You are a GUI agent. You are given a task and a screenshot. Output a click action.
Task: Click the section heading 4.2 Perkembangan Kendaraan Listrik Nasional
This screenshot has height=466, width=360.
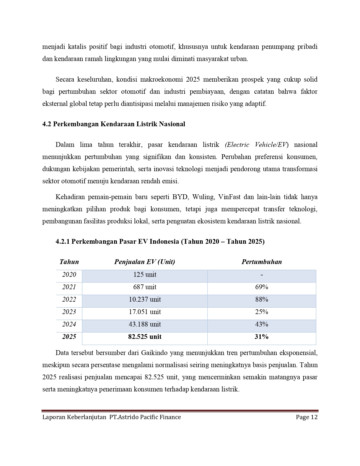[x=114, y=124]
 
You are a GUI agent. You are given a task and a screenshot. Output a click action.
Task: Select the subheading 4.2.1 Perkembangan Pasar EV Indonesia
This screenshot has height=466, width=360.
[x=160, y=242]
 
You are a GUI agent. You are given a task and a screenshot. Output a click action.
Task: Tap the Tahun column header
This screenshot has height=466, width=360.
[x=69, y=262]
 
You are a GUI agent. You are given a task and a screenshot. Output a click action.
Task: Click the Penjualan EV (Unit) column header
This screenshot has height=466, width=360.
[x=145, y=262]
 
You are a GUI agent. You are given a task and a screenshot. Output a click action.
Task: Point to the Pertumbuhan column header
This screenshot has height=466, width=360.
[x=261, y=262]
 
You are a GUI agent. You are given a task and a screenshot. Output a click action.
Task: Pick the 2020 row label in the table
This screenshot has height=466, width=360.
[x=69, y=275]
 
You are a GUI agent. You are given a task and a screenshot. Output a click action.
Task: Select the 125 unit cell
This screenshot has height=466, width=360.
[x=145, y=275]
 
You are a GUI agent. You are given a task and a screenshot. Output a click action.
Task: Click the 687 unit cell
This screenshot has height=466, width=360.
[x=145, y=287]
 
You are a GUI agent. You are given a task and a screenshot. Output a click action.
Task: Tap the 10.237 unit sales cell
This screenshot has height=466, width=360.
[x=145, y=300]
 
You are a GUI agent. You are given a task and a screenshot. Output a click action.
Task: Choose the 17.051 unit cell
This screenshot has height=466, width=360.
[x=145, y=312]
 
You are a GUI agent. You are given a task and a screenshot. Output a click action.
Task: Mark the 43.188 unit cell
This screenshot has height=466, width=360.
[x=145, y=325]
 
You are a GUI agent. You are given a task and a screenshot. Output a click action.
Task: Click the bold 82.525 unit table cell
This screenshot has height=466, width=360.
[x=145, y=337]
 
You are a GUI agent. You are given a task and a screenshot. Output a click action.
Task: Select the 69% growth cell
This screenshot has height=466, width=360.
[x=261, y=287]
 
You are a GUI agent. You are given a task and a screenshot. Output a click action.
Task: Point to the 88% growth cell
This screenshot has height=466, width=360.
[x=261, y=300]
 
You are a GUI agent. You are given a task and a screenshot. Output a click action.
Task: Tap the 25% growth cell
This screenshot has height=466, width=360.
[x=261, y=312]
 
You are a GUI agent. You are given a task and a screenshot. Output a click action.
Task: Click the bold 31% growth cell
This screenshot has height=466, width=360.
[x=261, y=337]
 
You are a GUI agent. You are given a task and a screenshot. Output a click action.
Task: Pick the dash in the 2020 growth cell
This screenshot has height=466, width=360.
[x=262, y=275]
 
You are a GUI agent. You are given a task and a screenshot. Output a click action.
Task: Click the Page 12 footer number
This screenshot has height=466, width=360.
[x=307, y=417]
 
